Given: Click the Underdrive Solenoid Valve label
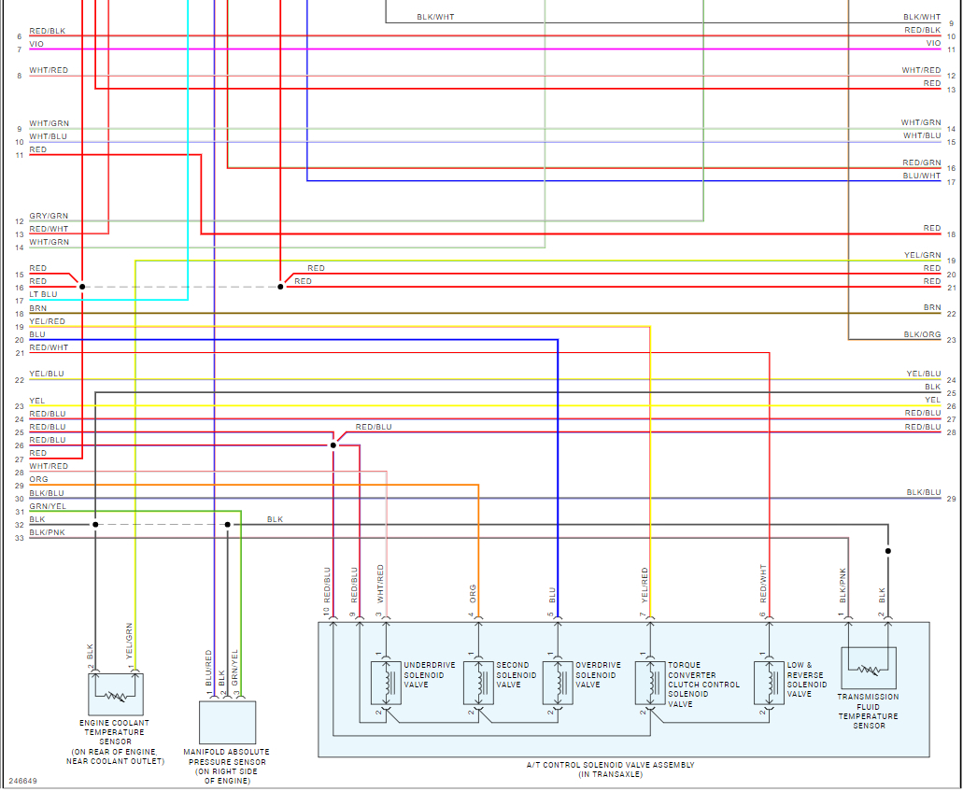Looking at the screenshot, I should pos(430,675).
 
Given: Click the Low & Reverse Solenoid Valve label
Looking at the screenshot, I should pos(807,679).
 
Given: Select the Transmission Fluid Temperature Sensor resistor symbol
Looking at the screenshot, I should pos(869,670).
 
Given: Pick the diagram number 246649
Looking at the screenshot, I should pos(22,781).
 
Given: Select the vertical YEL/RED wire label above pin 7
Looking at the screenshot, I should pos(644,586).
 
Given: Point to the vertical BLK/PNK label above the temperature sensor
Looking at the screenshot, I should pos(843,583).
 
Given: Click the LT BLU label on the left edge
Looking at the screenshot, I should pos(43,294).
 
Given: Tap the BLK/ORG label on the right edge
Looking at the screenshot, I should pos(922,334).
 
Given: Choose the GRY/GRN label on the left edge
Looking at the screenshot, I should pos(49,216).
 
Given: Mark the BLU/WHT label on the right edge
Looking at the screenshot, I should pos(922,176).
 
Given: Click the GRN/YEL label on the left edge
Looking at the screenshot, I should pos(48,505).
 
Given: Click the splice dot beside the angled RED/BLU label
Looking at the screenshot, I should pos(333,445).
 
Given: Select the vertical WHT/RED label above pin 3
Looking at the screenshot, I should pos(380,583).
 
